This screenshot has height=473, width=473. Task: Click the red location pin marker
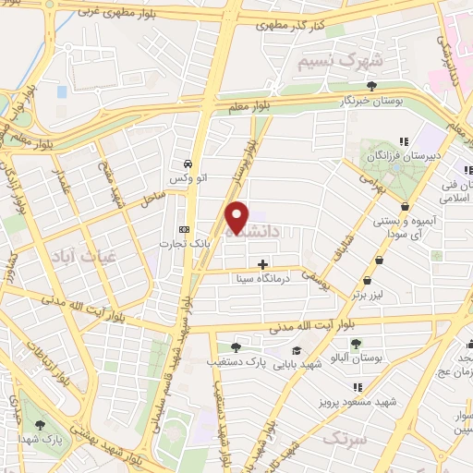[237, 217]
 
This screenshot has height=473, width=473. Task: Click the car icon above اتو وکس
[188, 160]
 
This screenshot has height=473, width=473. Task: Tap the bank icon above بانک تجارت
[183, 229]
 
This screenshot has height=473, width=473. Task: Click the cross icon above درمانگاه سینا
[263, 263]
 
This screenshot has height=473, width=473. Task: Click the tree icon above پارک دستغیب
[236, 348]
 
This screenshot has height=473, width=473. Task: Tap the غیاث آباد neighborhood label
[74, 253]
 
